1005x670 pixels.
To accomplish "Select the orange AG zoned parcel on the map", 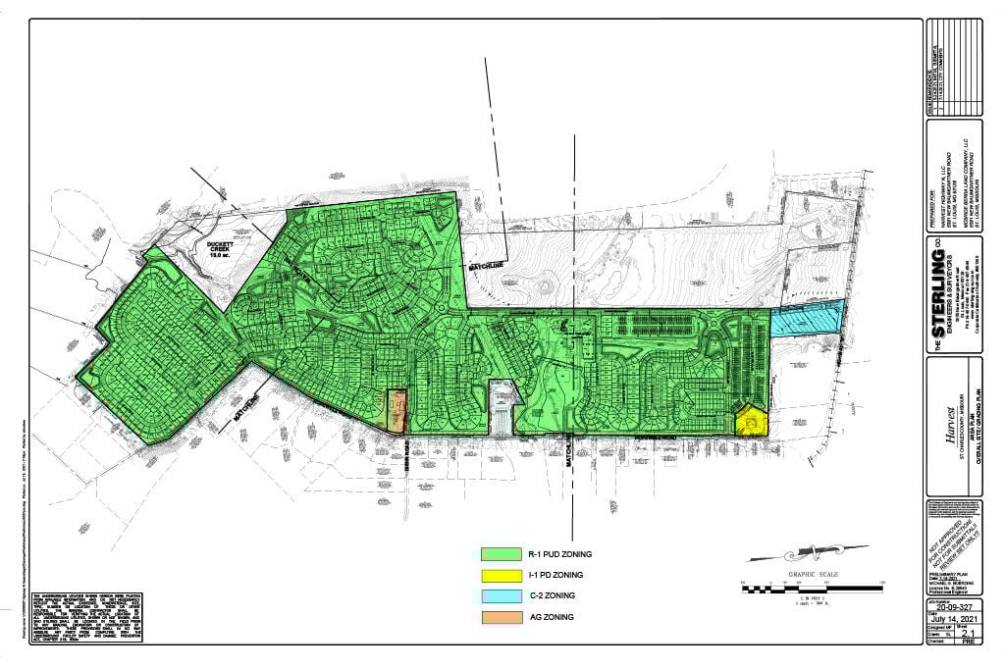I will click(x=397, y=411).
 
